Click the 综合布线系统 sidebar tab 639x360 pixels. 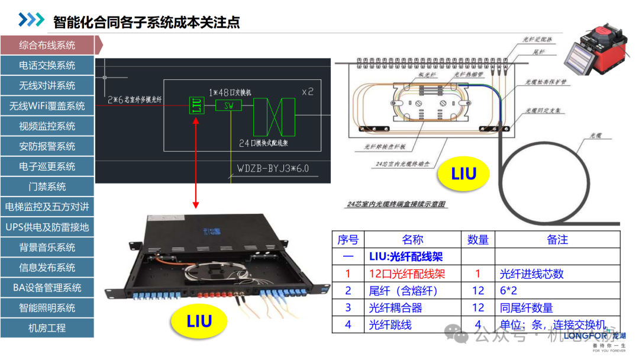click(x=47, y=45)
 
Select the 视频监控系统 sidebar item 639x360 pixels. click(x=47, y=126)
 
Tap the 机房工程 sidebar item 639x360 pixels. click(x=47, y=328)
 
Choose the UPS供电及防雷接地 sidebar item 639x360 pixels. click(x=47, y=227)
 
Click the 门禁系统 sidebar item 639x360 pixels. click(x=47, y=187)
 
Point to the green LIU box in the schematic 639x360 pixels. click(x=196, y=106)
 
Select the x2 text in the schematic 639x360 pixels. click(x=308, y=92)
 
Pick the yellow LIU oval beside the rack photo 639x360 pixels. click(x=199, y=322)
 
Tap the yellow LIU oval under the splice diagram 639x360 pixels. click(x=463, y=174)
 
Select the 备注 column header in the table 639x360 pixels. click(x=557, y=240)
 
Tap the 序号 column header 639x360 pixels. click(x=348, y=240)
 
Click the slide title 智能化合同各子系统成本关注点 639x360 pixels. click(x=147, y=22)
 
